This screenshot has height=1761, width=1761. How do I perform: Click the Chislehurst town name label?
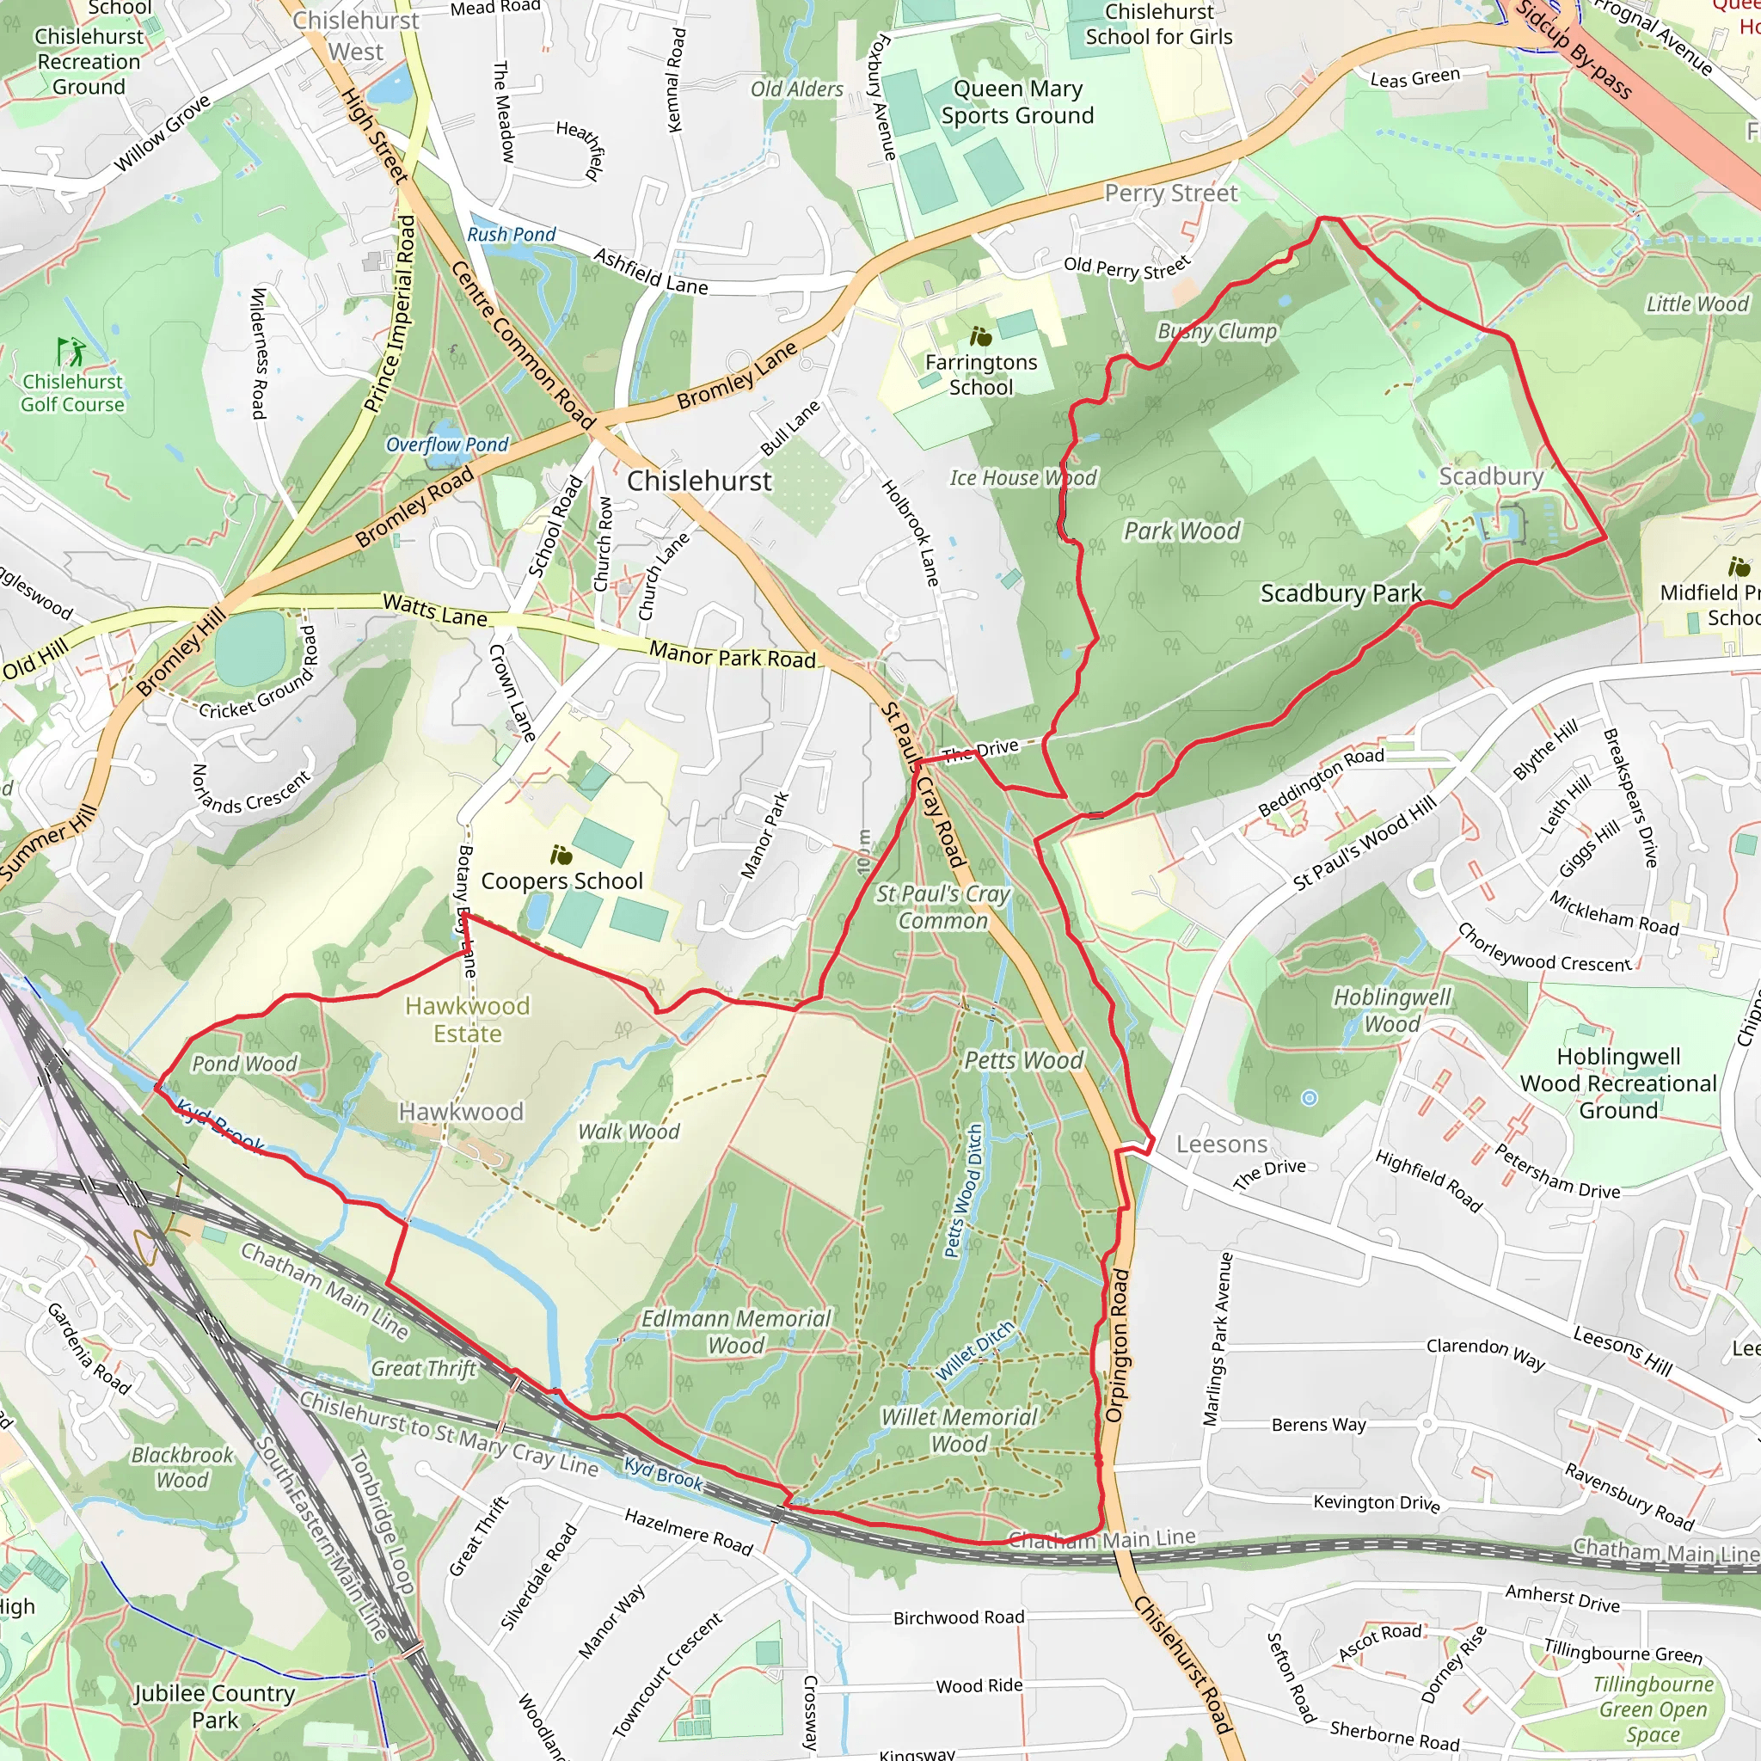(699, 482)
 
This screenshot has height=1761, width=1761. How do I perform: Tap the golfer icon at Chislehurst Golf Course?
(70, 351)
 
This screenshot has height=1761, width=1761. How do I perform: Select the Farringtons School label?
(981, 375)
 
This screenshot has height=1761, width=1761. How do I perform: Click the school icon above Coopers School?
(561, 855)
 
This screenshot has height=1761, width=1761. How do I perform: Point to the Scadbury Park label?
(1341, 593)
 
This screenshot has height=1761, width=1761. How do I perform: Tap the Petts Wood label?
(1023, 1060)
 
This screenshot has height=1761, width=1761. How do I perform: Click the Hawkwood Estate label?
(467, 1020)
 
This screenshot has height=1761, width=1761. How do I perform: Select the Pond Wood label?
(244, 1064)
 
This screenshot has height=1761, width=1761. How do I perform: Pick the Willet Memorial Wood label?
(959, 1430)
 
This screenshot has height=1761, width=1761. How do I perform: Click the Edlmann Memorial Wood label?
(735, 1332)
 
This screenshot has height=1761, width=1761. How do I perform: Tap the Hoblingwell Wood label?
(1392, 1010)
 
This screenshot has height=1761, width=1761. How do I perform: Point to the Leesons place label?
(1221, 1144)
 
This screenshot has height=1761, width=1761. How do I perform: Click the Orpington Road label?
(1118, 1346)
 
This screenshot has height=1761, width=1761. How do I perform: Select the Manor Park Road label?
(732, 654)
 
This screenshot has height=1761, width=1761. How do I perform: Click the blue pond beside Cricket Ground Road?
(251, 648)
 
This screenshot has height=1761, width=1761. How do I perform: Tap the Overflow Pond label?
(446, 445)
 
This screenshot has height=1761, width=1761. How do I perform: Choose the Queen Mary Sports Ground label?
(1017, 102)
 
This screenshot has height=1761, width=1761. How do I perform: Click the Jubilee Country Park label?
(214, 1706)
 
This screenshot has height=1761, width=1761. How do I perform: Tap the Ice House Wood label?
(1022, 477)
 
